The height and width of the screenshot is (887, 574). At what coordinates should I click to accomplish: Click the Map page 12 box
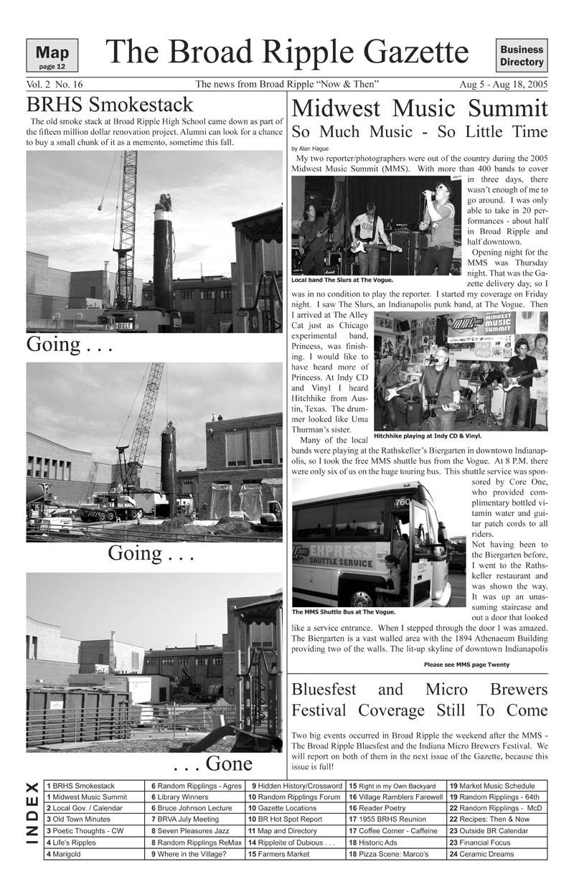(x=52, y=56)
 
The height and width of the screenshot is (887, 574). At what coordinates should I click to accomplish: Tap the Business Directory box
(x=522, y=56)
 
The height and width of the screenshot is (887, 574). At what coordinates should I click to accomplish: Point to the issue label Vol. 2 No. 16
(x=55, y=85)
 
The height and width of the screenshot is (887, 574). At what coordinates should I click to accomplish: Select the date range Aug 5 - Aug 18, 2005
(x=504, y=85)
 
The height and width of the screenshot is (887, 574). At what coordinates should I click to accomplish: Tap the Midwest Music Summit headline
(x=420, y=109)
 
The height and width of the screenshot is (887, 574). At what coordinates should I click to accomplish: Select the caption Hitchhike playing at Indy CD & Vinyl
(x=428, y=435)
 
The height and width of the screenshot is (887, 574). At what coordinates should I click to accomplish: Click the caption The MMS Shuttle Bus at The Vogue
(x=344, y=612)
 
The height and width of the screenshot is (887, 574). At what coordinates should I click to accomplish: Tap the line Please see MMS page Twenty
(x=466, y=665)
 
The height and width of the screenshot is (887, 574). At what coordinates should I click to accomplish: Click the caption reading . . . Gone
(x=212, y=762)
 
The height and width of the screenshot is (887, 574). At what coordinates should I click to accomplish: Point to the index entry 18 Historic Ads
(x=372, y=843)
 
